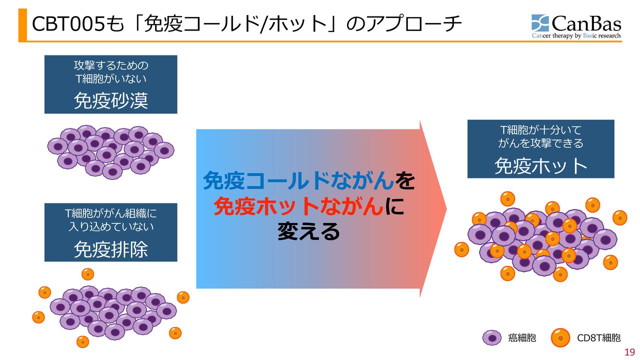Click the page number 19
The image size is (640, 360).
tap(629, 352)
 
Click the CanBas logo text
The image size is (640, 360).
tap(586, 23)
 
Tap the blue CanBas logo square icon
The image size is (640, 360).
tap(540, 23)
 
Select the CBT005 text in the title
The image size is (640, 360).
tap(68, 24)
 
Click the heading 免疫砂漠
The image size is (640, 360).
tap(111, 100)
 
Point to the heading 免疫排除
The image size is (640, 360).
tap(111, 249)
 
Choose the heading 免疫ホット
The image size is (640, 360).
tap(540, 165)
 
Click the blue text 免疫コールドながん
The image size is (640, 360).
tap(299, 180)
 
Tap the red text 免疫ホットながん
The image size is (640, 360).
tap(299, 206)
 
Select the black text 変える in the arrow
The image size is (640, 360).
tap(308, 231)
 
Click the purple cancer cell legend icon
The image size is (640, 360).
tap(491, 337)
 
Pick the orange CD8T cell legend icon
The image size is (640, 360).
tap(560, 337)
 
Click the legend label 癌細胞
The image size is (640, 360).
tap(521, 338)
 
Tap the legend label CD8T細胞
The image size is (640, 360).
tap(598, 338)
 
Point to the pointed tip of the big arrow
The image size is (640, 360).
tap(446, 209)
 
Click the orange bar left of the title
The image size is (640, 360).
tap(22, 25)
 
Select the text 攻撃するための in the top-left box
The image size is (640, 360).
tap(111, 65)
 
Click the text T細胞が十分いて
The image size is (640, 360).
tap(540, 130)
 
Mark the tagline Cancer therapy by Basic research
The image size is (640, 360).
tap(576, 35)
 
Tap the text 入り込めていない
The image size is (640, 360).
tap(111, 226)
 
